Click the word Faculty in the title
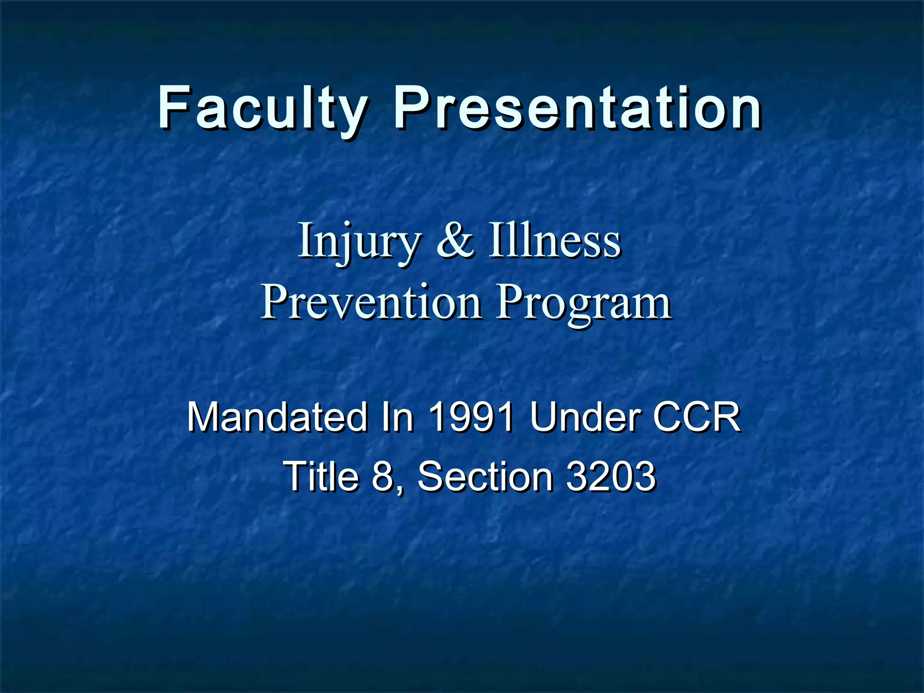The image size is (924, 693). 263,109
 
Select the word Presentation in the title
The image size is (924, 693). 578,109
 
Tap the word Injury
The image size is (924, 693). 359,242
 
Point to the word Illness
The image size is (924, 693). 555,241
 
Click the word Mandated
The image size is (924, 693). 277,417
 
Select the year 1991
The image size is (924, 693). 471,417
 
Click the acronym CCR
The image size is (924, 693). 696,417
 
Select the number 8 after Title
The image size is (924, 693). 383,476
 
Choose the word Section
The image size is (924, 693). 485,476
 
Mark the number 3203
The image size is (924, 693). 610,476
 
